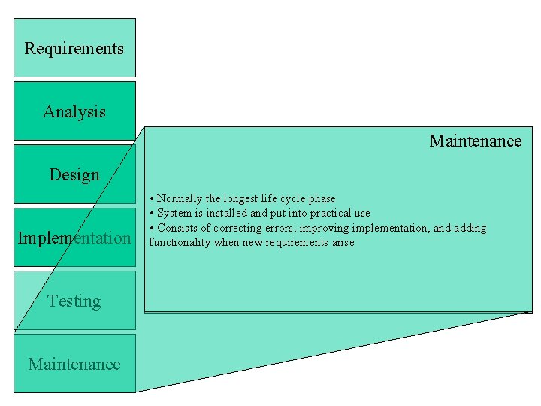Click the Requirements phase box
click(x=74, y=48)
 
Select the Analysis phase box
click(x=74, y=111)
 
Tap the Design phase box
click(x=74, y=174)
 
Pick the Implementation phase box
click(x=74, y=238)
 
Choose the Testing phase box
click(x=74, y=301)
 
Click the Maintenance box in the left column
click(x=74, y=364)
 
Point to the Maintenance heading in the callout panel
click(x=475, y=141)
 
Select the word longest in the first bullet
click(x=241, y=198)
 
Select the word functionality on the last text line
click(x=180, y=242)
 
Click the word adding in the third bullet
click(x=470, y=228)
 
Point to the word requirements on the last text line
click(x=295, y=242)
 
